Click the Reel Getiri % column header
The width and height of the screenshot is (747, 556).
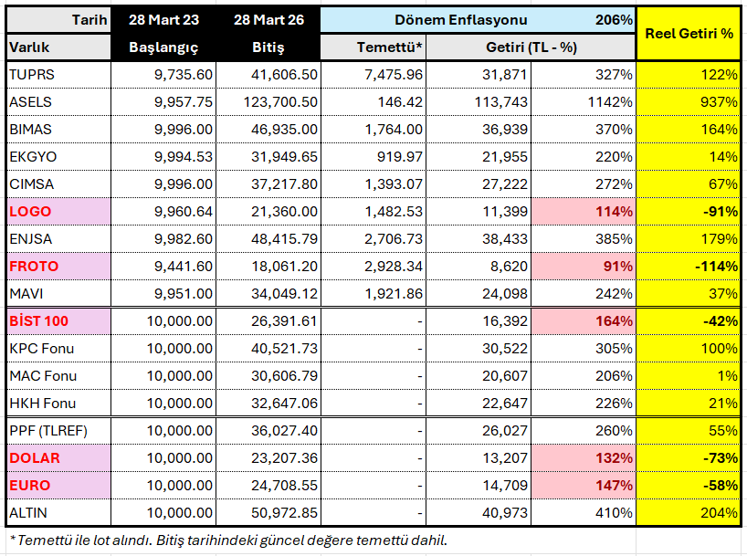point(689,33)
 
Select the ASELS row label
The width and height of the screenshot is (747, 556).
point(31,101)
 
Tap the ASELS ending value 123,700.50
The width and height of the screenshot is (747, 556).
point(280,101)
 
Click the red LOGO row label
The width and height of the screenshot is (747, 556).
point(30,211)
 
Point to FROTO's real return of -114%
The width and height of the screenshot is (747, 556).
point(716,266)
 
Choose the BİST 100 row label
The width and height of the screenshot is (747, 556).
point(38,320)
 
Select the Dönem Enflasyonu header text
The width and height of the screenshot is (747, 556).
point(461,19)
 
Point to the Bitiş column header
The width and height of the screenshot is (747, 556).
point(268,47)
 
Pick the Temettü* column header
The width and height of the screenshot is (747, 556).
point(389,47)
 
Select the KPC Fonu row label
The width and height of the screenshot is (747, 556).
point(41,348)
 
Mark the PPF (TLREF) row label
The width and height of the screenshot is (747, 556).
point(47,430)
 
